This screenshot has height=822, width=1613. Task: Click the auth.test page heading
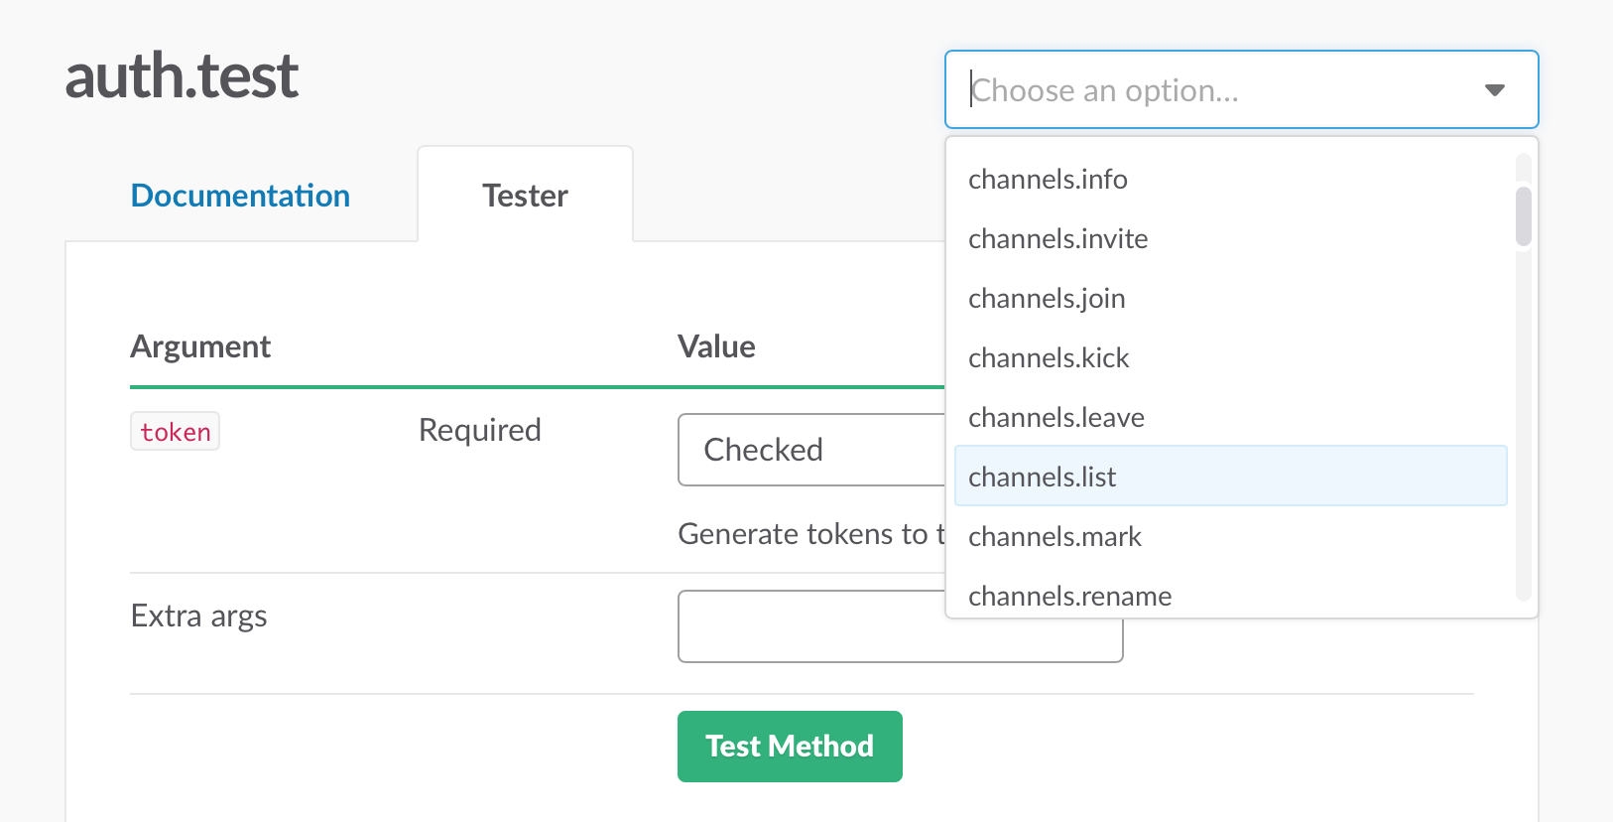pos(182,76)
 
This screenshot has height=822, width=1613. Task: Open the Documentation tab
pos(240,196)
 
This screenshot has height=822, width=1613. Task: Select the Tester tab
pos(525,196)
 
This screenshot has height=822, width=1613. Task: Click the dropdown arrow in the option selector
pos(1494,90)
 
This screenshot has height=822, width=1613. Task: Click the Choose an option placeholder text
pos(1105,90)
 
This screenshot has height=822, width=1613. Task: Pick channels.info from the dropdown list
pos(1048,180)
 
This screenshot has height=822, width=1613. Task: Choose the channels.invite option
pos(1057,239)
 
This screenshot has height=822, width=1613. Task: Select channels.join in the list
pos(1047,299)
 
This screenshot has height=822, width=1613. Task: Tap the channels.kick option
pos(1049,358)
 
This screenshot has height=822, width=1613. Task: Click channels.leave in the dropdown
pos(1055,418)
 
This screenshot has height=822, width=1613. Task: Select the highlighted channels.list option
pos(1042,478)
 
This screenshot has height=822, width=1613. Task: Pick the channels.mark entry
pos(1055,537)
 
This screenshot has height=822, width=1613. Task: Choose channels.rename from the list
pos(1069,596)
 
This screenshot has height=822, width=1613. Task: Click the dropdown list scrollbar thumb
pos(1523,215)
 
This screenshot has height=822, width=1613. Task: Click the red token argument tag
pos(175,432)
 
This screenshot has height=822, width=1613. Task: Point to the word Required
pos(479,430)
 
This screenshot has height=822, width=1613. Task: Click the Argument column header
pos(200,346)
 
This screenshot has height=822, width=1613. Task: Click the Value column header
pos(716,346)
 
